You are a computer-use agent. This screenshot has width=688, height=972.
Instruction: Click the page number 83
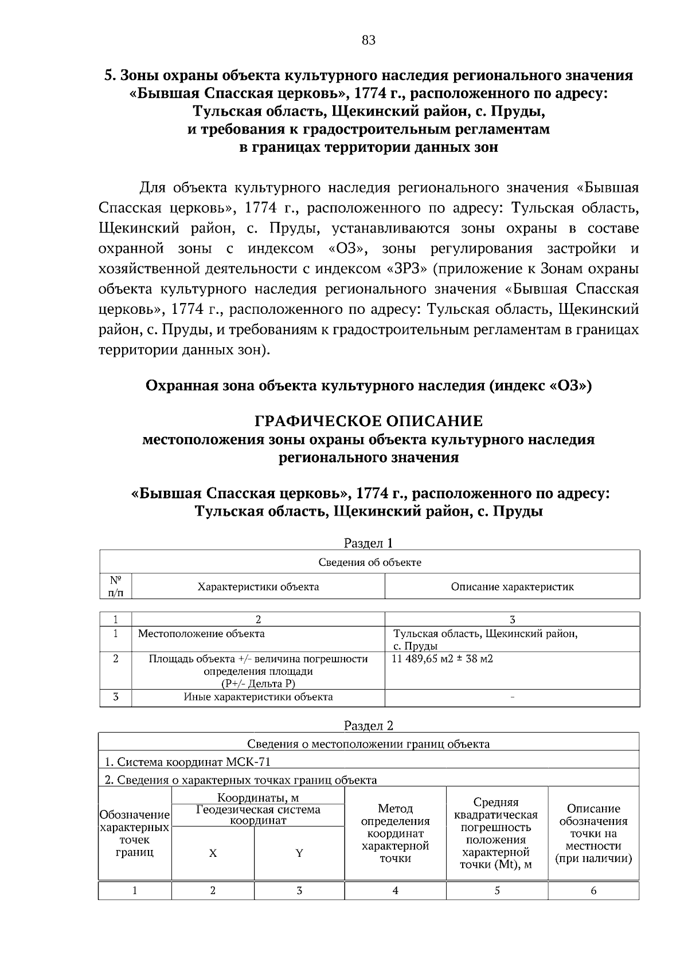pos(369,40)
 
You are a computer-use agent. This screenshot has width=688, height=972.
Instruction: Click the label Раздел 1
pos(369,542)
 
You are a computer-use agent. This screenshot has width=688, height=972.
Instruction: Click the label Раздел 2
pos(369,726)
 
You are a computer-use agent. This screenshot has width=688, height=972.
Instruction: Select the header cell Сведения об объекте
pos(370,562)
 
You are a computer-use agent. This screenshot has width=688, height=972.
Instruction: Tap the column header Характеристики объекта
pos(258,587)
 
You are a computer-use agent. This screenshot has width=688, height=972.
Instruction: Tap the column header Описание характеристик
pos(512,587)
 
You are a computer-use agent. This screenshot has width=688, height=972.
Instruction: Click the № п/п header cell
pos(115,587)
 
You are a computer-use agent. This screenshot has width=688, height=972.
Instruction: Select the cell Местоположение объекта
pos(201,633)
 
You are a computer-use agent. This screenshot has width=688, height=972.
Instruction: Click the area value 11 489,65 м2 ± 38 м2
pos(442,659)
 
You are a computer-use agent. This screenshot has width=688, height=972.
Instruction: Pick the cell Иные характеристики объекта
pos(258,697)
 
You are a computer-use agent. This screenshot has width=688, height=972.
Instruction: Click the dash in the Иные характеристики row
pos(512,698)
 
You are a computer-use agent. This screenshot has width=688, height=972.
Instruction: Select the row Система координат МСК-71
pos(187,762)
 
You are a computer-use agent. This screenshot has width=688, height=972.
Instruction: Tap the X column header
pos(213,853)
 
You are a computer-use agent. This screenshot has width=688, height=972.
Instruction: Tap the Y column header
pos(299,853)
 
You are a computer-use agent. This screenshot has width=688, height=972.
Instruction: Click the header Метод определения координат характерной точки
pos(395,833)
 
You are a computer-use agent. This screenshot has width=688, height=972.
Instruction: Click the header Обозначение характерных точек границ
pos(134,833)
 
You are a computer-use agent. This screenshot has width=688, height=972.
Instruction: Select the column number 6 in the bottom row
pos(593,891)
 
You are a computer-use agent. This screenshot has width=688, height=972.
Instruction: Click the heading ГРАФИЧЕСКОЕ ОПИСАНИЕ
pos(369,421)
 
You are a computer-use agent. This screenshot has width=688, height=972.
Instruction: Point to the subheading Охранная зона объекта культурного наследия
pos(369,385)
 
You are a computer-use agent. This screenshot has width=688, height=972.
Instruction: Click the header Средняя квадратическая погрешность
pos(497,833)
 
